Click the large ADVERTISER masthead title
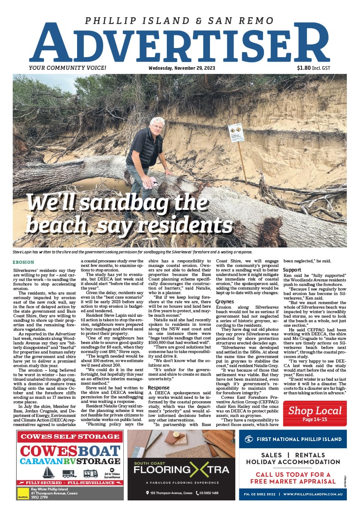coord(180,44)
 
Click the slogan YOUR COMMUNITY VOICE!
coord(67,68)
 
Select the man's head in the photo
coord(157,125)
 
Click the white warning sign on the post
coord(236,133)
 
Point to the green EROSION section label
coord(23,262)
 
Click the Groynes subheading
coord(224,301)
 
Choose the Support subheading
coord(292,270)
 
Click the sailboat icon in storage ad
coord(49,472)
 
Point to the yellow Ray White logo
coord(23,493)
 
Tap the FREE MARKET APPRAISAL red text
coord(292,481)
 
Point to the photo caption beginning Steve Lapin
coord(131,252)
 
